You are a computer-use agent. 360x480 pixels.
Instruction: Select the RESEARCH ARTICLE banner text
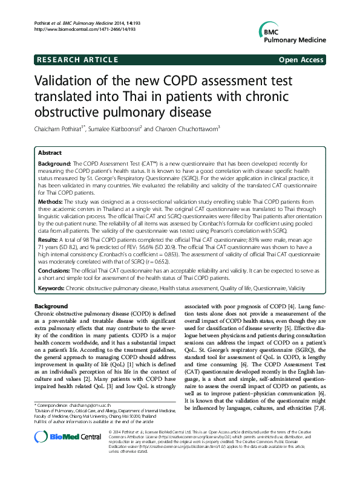[x=77, y=60]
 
